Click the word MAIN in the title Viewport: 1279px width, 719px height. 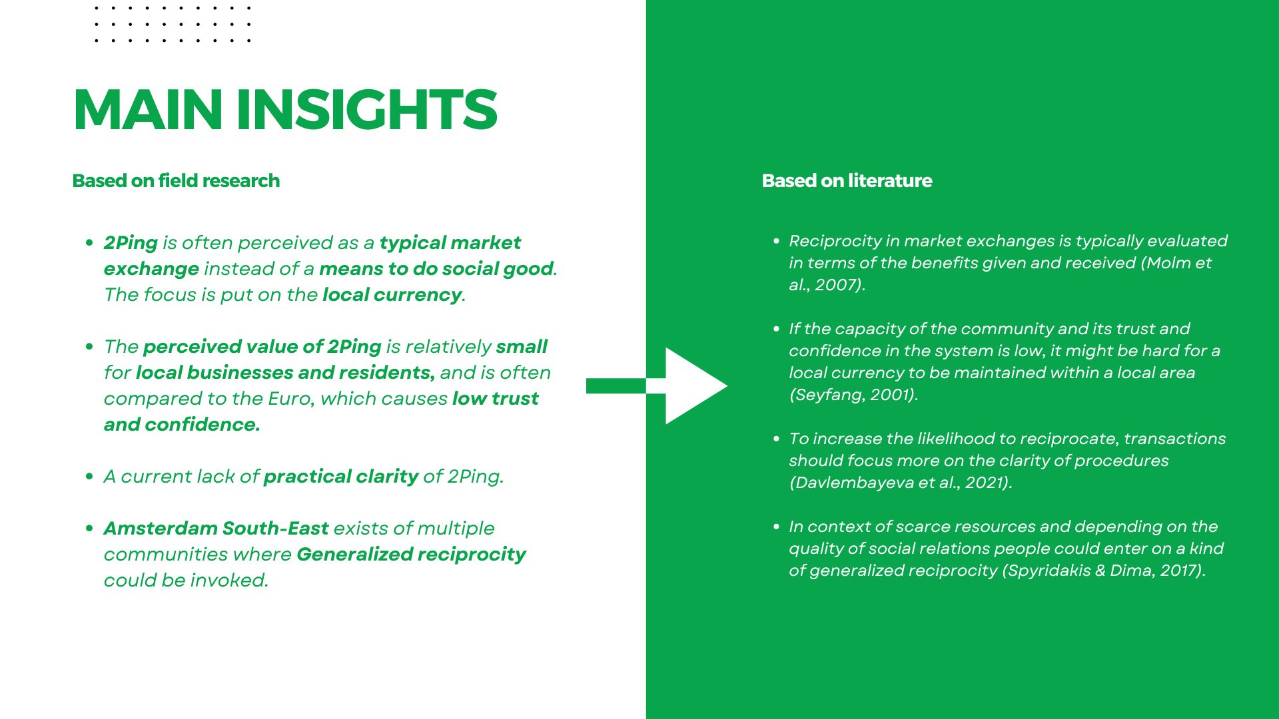coord(148,110)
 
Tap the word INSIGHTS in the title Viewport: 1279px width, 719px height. coord(367,110)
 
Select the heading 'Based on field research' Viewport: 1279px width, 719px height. coord(176,181)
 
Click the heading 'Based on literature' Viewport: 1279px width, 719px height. coord(847,181)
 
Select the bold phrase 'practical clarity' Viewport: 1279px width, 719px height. coord(341,477)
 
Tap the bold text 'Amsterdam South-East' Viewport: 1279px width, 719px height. coord(216,528)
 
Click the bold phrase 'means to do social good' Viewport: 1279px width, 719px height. coord(436,269)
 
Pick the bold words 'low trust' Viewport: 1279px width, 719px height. coord(496,398)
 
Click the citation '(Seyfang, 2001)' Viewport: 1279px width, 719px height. coord(852,395)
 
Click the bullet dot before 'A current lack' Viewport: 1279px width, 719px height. coord(89,477)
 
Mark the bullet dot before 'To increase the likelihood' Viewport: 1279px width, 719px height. coord(776,439)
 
